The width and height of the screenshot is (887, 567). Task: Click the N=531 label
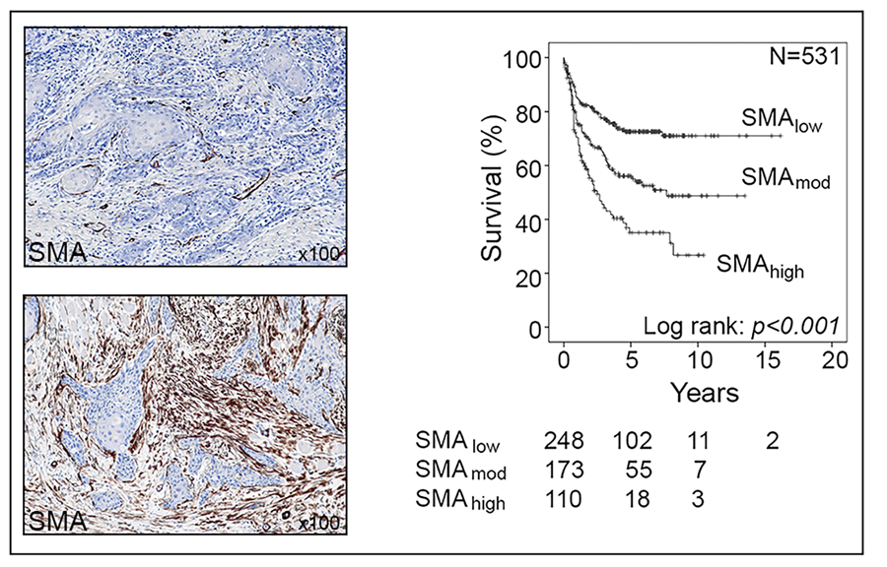click(802, 56)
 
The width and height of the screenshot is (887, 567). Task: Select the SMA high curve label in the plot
click(760, 264)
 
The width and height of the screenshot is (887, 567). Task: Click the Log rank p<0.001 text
click(739, 325)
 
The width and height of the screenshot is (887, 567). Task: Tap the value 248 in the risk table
click(565, 439)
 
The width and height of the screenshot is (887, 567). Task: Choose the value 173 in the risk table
click(565, 471)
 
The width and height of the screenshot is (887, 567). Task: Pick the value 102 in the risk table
click(634, 439)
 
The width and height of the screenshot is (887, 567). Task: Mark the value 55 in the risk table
click(639, 471)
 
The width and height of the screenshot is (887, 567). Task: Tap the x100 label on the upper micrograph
click(318, 254)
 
